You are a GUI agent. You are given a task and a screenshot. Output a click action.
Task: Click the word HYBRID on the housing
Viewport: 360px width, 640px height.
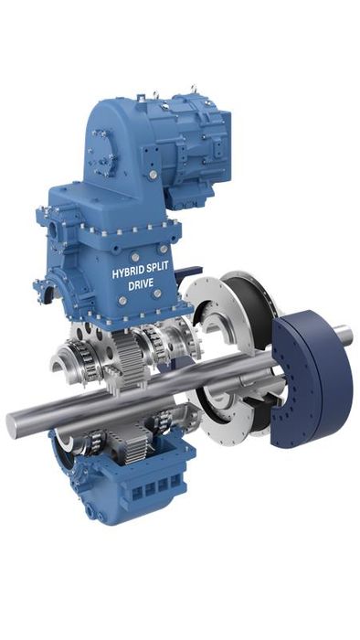[127, 272]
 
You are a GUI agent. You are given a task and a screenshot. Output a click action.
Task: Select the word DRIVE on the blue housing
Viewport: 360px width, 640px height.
[141, 284]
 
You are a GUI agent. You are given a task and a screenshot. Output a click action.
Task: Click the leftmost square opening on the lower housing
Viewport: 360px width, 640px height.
[137, 493]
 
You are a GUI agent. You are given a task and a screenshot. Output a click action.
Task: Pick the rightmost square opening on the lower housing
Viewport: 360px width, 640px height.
[175, 480]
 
